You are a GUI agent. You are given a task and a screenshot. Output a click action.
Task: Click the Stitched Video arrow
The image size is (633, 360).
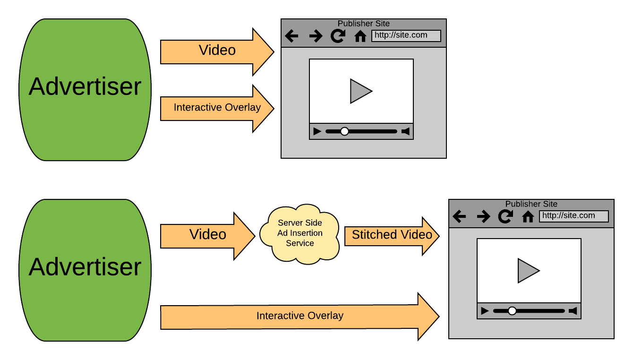click(391, 235)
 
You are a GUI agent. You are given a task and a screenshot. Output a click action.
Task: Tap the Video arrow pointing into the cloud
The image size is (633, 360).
click(208, 235)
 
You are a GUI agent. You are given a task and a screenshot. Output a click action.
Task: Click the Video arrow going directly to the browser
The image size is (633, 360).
click(217, 51)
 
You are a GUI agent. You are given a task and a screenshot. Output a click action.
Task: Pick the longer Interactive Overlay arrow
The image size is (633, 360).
click(299, 316)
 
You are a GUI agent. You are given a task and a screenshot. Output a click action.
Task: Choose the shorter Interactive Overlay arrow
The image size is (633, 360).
click(217, 108)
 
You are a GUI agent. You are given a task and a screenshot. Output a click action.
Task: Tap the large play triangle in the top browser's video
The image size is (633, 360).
click(360, 91)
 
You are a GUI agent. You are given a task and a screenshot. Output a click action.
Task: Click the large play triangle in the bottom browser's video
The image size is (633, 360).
click(528, 271)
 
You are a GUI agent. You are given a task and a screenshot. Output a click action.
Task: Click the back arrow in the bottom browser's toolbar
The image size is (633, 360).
click(459, 217)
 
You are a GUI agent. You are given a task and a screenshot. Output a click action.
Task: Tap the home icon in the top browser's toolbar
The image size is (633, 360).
click(360, 36)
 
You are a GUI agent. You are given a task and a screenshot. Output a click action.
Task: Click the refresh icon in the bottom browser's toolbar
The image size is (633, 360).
click(505, 217)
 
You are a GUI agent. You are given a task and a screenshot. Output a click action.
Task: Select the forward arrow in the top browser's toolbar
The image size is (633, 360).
click(315, 36)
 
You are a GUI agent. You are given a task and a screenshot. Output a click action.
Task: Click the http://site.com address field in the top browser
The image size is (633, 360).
click(406, 35)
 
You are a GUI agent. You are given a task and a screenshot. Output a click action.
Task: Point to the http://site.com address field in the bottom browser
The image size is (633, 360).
click(573, 216)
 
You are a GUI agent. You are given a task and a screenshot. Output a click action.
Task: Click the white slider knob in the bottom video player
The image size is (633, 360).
click(512, 311)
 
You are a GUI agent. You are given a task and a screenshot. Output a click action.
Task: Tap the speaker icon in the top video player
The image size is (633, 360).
click(405, 131)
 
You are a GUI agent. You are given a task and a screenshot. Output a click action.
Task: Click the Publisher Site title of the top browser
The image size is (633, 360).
click(363, 24)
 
